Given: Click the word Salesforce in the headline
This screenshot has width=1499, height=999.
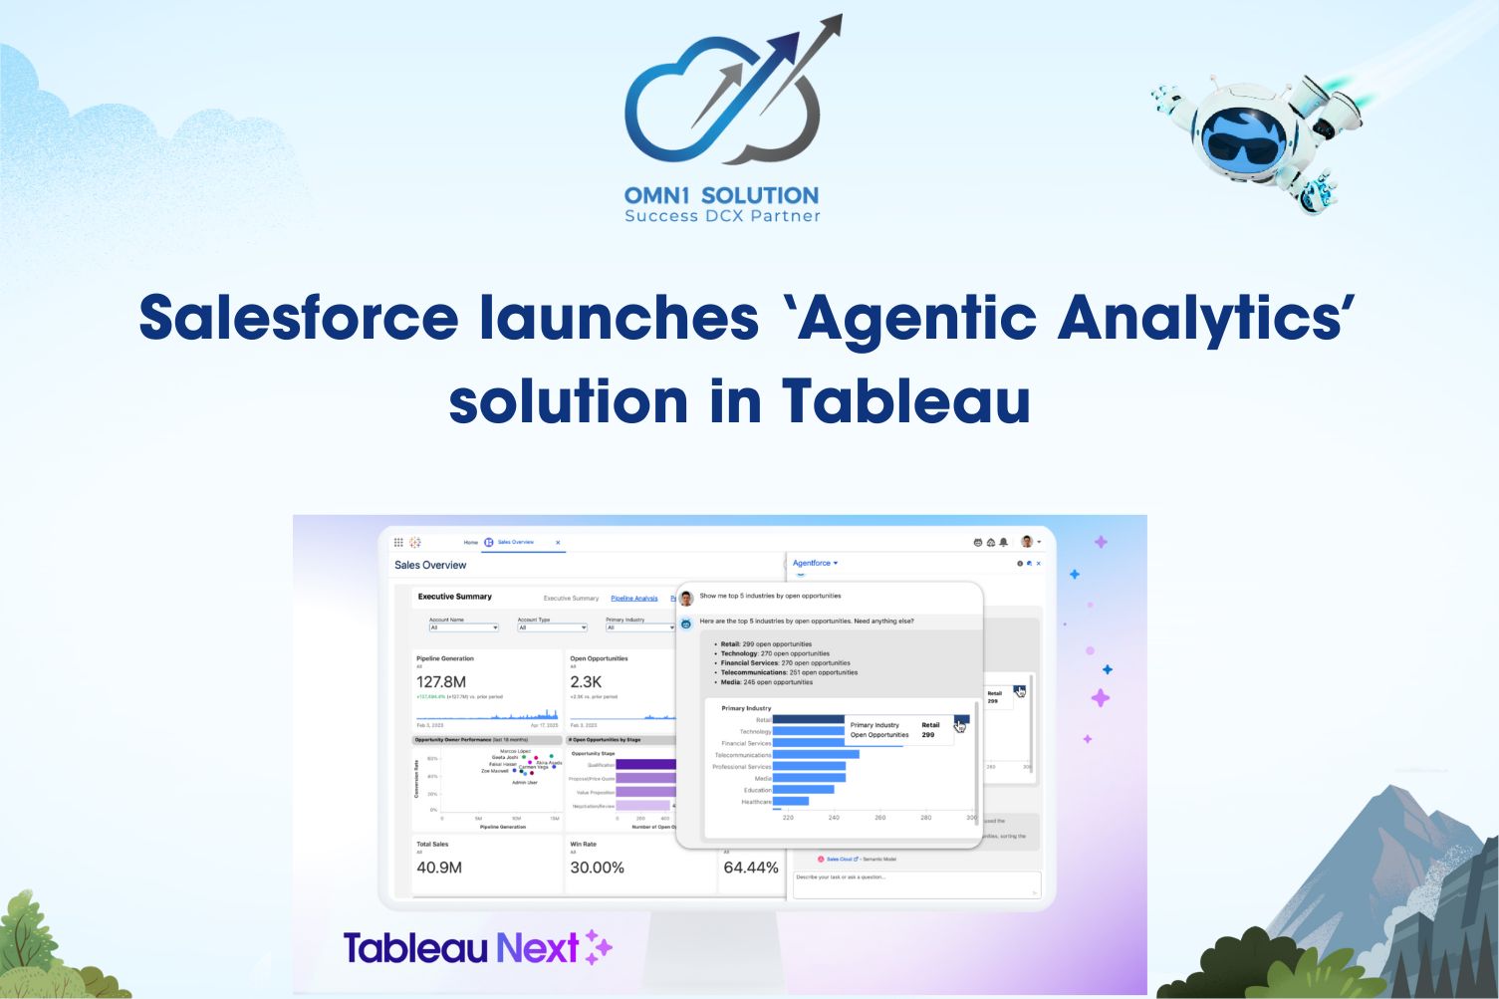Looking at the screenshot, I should (x=299, y=319).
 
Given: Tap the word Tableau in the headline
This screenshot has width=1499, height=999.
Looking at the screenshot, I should (x=905, y=401).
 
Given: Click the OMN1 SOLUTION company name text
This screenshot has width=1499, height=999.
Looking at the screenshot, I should (x=721, y=195).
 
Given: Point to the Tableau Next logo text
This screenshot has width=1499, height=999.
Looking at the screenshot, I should (x=461, y=947).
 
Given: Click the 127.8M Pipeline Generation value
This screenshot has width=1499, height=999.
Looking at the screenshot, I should (x=441, y=682).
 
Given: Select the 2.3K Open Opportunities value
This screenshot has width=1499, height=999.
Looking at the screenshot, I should (x=586, y=682).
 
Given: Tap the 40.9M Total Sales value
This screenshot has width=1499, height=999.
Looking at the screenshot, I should (x=439, y=868).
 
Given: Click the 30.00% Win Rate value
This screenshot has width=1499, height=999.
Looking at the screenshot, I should (x=597, y=868).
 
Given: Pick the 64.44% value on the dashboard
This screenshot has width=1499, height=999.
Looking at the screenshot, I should (x=750, y=868).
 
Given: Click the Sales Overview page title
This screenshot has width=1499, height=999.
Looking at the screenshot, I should (x=430, y=565).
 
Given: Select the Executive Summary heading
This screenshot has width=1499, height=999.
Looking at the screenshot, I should (x=454, y=597).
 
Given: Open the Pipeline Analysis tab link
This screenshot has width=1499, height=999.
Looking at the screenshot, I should (x=633, y=599).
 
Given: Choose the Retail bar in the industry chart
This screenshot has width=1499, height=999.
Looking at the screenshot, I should (x=808, y=719).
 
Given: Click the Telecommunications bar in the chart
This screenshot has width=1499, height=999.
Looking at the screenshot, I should (x=816, y=755).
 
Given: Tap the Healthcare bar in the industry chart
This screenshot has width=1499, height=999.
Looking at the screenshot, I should (x=791, y=801).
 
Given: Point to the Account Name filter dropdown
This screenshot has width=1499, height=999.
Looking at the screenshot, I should (x=463, y=627).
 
